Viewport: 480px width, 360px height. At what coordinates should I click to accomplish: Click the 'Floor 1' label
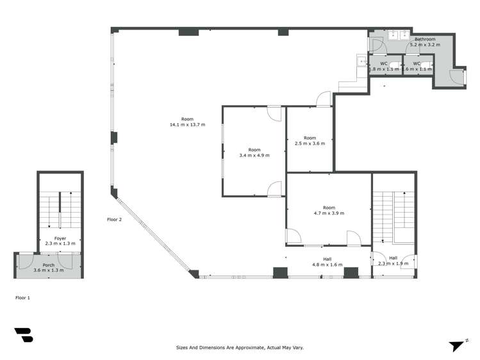[22, 298]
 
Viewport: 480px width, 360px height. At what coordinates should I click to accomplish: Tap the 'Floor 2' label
[114, 219]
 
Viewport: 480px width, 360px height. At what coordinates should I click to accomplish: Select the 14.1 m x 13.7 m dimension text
[187, 124]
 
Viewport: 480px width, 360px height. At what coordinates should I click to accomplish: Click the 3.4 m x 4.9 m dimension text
[254, 155]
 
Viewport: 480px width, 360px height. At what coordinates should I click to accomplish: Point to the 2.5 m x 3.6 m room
[310, 141]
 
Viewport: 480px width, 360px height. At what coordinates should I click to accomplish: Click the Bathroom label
[425, 40]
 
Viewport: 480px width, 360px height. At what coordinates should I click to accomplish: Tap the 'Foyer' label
[60, 238]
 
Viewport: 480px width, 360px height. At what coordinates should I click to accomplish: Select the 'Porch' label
[49, 265]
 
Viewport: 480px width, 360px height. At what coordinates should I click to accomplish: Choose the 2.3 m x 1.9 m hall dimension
[393, 263]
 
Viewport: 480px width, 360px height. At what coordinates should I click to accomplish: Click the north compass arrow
[456, 346]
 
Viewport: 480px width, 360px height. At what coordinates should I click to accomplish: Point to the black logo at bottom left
[24, 336]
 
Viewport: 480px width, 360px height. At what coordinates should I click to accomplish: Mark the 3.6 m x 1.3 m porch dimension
[49, 270]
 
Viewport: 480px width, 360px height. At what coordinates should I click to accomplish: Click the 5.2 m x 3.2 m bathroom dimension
[425, 45]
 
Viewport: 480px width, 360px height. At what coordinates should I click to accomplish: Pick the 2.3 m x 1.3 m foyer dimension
[60, 243]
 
